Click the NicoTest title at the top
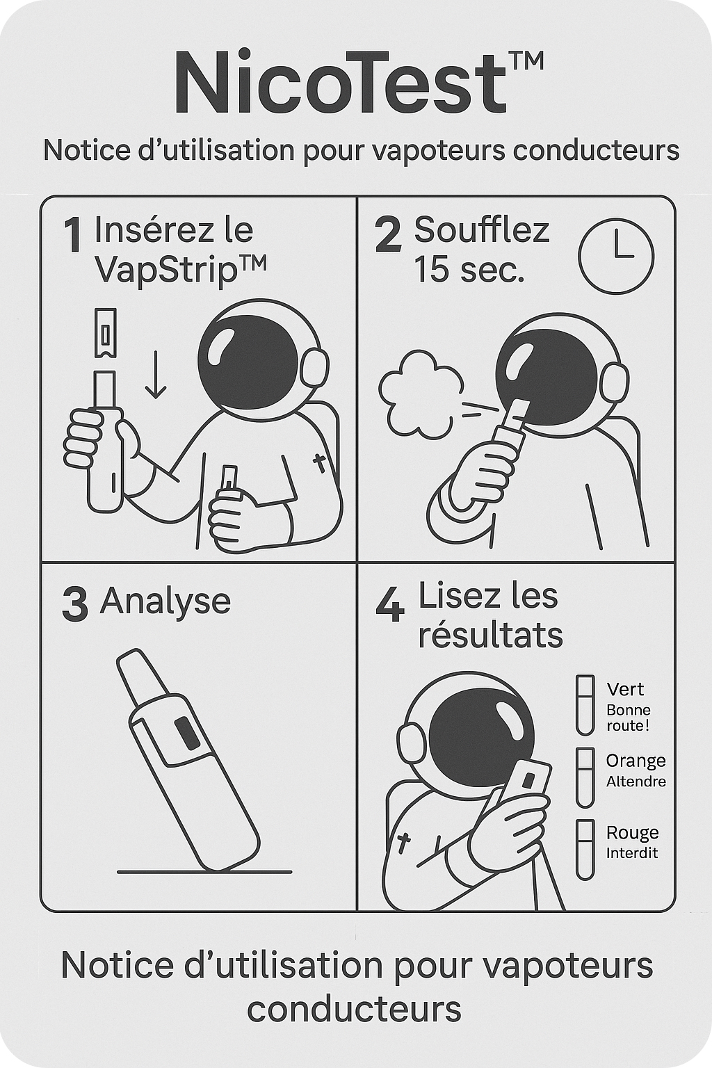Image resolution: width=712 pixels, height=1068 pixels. pos(359,81)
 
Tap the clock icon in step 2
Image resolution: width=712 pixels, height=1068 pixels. pos(616,256)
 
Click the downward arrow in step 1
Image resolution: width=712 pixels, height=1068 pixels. pos(156,374)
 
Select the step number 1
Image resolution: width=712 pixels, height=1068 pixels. pos(72,234)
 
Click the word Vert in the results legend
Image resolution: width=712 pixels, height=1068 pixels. pos(625,690)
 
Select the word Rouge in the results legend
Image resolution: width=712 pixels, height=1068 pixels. pos(632,833)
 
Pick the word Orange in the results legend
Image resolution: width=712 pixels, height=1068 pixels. pos(636,761)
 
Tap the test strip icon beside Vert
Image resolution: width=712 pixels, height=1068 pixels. pos(585,705)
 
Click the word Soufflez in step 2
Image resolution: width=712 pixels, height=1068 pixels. pos(482,230)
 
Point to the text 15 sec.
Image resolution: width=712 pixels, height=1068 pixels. pos(469,269)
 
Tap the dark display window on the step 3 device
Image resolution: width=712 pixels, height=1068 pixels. pos(187,734)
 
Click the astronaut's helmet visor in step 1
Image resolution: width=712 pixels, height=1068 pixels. pos(248,361)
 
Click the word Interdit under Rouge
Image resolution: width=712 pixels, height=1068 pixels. pos(632,853)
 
